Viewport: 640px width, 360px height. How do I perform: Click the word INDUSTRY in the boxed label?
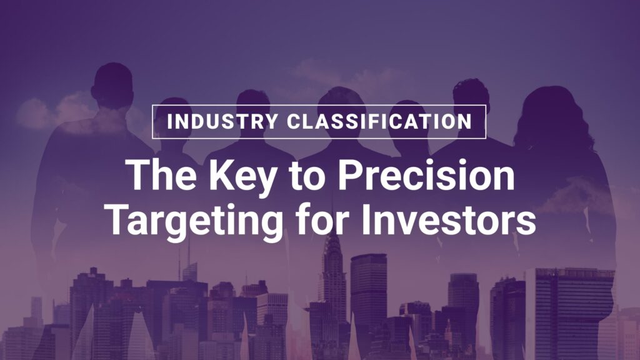(x=223, y=122)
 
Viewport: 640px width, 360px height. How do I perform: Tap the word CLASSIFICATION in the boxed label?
(x=379, y=122)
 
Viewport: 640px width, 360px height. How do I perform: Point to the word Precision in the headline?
(x=426, y=175)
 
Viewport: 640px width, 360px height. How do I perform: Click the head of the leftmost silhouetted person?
(x=112, y=85)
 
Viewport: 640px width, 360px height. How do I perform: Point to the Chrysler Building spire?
(x=332, y=245)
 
